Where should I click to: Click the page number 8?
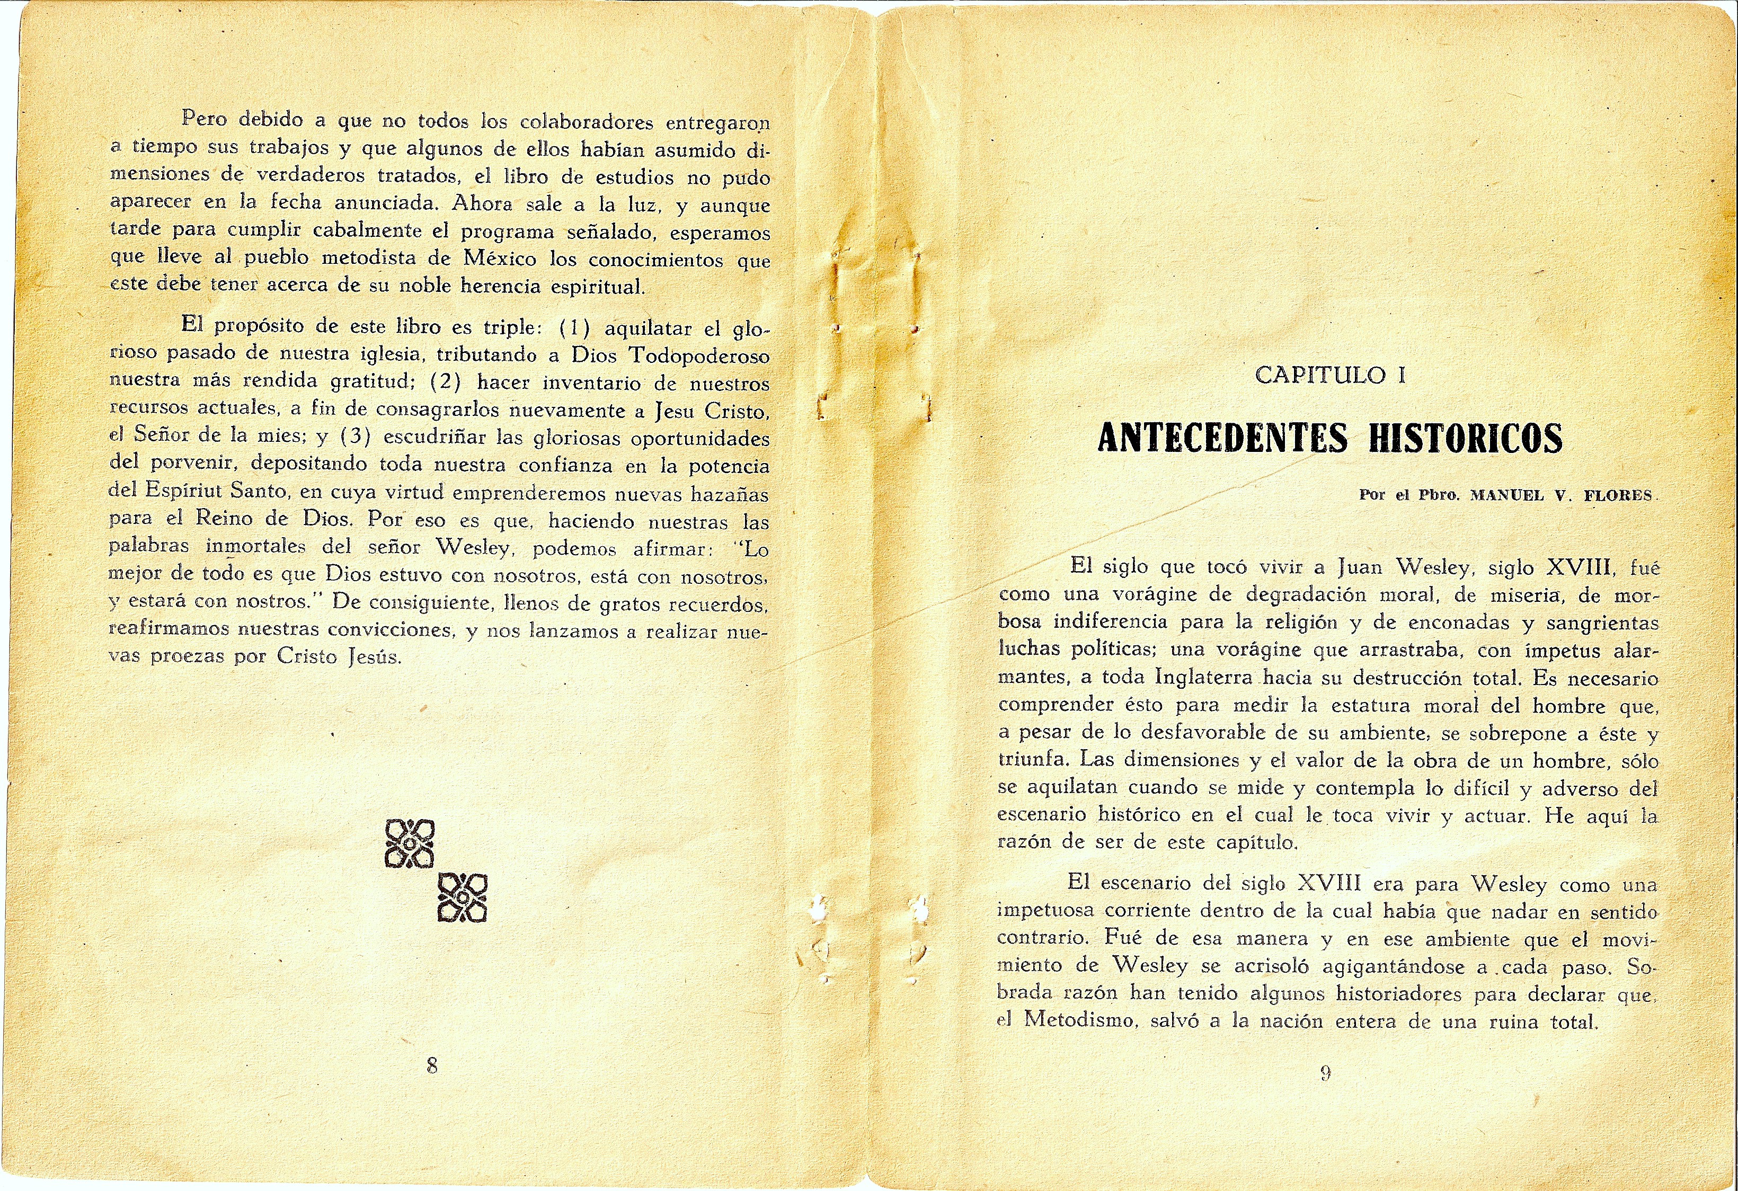click(x=431, y=1065)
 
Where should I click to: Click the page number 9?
click(x=1325, y=1073)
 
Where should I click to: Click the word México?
click(x=500, y=260)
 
